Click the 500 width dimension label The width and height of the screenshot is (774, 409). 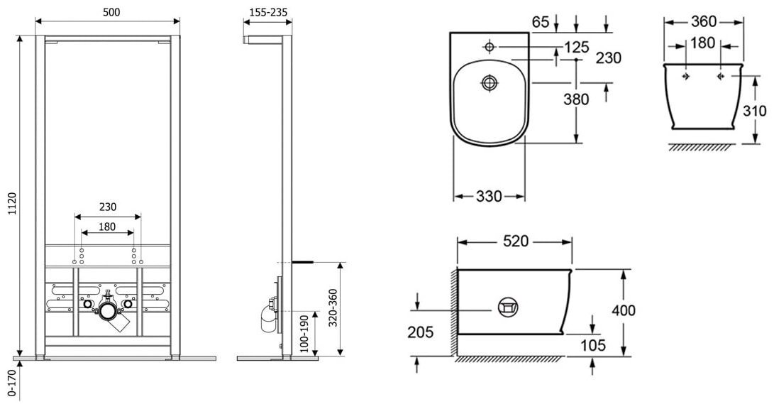click(x=111, y=12)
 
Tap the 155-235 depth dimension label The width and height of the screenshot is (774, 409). click(x=268, y=12)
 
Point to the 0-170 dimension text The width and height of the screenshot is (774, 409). click(x=13, y=385)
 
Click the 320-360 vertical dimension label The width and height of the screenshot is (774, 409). click(x=333, y=307)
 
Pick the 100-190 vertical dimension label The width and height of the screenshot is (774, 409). click(x=304, y=334)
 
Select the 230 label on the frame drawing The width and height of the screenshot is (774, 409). click(x=108, y=207)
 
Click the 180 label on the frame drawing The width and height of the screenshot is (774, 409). click(x=107, y=227)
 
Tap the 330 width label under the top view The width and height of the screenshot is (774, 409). click(x=489, y=197)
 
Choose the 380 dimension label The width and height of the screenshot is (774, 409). click(x=576, y=99)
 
